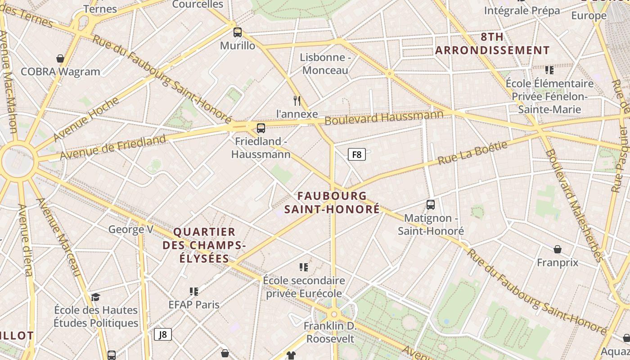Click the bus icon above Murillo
click(x=237, y=32)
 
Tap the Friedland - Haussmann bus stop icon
click(x=261, y=128)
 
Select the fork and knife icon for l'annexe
click(x=297, y=100)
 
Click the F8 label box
click(x=356, y=155)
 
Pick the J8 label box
click(x=163, y=334)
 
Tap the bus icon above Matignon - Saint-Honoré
click(x=431, y=205)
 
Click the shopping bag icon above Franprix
click(x=558, y=249)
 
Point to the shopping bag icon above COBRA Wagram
click(x=60, y=58)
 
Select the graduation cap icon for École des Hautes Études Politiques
click(x=95, y=297)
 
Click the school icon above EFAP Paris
click(x=194, y=292)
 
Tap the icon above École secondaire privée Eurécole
click(x=304, y=267)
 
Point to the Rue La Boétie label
click(x=472, y=153)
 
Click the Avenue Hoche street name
click(x=86, y=119)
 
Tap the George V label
click(x=131, y=229)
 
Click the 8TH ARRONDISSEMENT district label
click(x=492, y=43)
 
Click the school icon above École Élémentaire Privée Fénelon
click(x=549, y=70)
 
